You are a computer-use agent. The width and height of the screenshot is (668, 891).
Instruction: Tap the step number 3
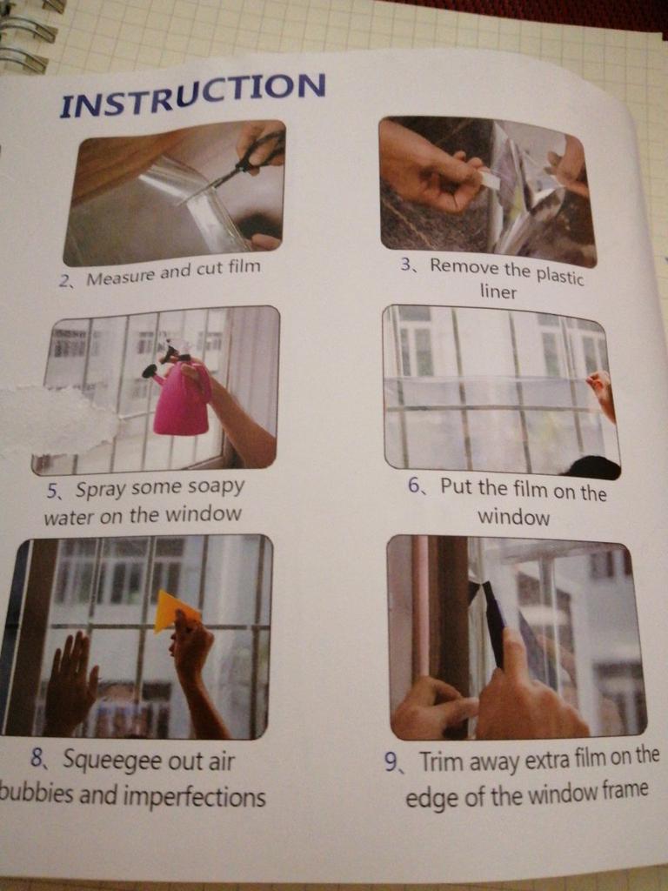[405, 265]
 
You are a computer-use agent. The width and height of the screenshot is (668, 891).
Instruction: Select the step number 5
[52, 491]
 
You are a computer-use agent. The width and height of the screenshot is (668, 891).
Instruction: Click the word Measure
[120, 277]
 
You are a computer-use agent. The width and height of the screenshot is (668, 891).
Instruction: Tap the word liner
[498, 292]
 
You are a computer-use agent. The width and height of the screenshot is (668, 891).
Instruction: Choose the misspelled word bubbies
[37, 794]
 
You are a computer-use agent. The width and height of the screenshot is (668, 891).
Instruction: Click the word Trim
[440, 762]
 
